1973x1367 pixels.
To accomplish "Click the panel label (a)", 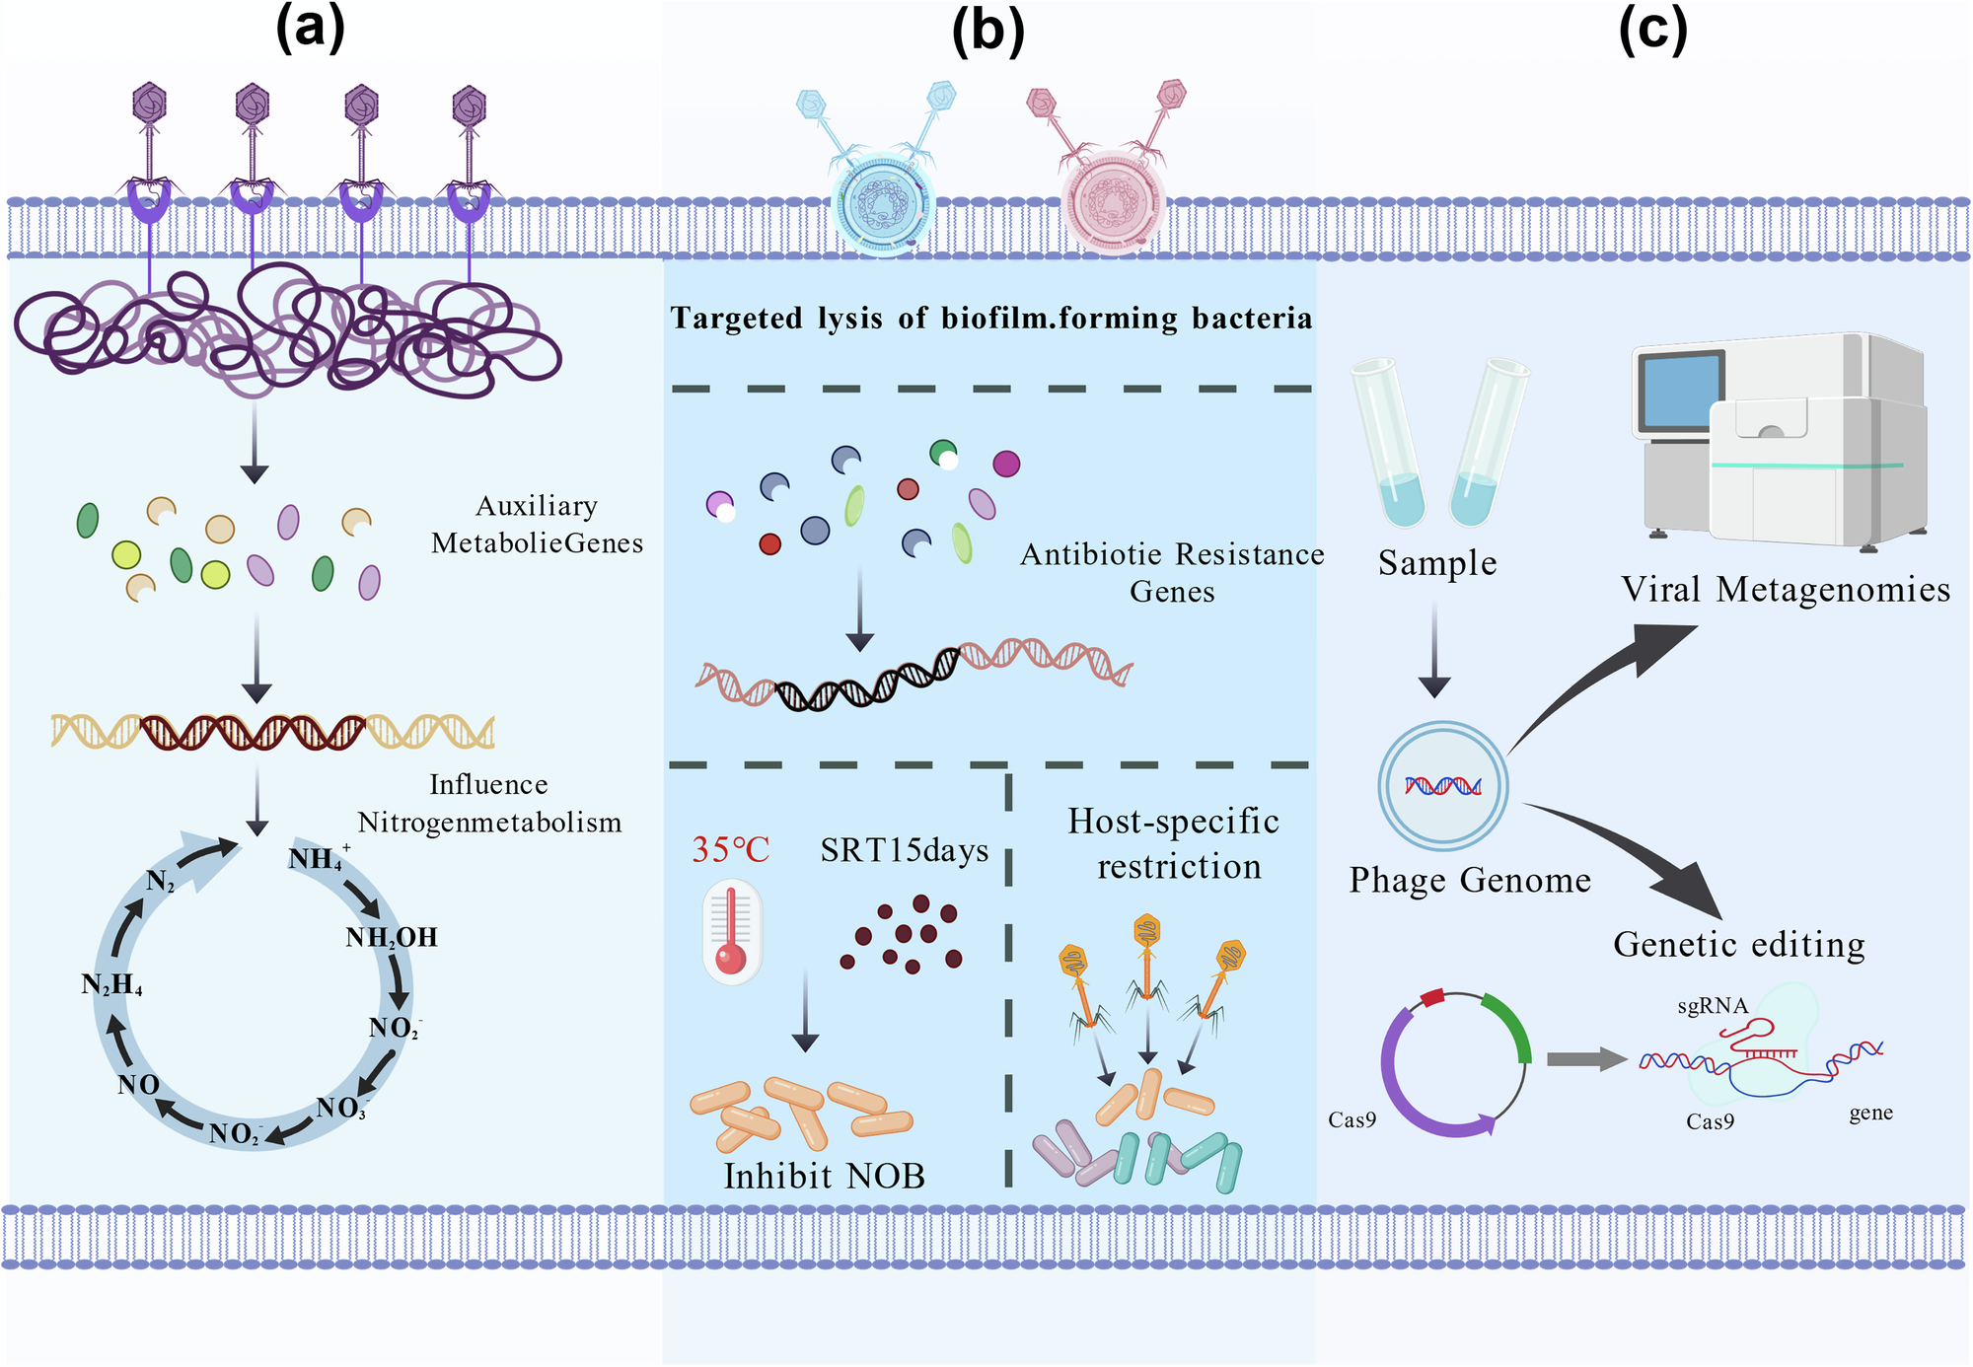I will [x=310, y=30].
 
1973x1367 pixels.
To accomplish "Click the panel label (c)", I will [x=1652, y=30].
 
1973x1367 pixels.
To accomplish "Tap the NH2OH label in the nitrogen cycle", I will [x=391, y=937].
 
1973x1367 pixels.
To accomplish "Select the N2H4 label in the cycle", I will [x=111, y=984].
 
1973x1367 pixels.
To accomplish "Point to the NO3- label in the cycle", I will [x=341, y=1109].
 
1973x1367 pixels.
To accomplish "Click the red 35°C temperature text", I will [x=730, y=849].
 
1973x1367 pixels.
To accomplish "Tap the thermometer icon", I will [x=731, y=933].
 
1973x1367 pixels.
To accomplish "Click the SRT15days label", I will [x=904, y=850].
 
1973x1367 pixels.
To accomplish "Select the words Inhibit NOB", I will [x=824, y=1176].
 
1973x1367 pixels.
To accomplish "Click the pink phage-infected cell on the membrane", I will [x=1113, y=202].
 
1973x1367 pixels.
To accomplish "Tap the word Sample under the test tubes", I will [x=1437, y=563].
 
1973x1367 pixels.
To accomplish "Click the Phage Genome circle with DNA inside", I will [x=1442, y=786].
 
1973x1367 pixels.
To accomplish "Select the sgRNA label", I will [x=1712, y=1006].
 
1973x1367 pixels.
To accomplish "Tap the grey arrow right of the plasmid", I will [x=1585, y=1059].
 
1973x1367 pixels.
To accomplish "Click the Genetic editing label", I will [x=1739, y=944].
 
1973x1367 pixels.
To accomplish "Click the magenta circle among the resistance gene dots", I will [x=1006, y=464].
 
